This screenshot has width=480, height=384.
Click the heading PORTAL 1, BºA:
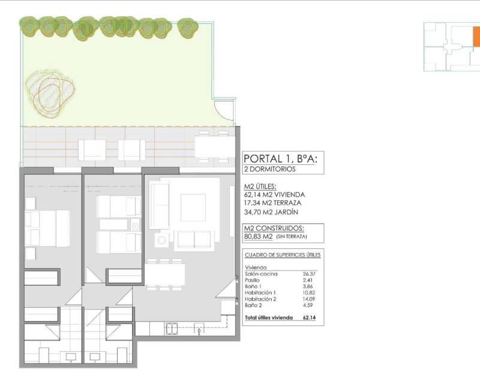click(280, 158)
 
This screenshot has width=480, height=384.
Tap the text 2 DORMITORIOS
click(269, 169)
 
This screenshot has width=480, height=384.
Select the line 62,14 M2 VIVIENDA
click(274, 195)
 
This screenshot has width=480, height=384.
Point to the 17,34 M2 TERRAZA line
click(272, 203)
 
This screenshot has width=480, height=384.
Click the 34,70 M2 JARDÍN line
click(271, 212)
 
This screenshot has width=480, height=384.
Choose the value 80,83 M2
click(259, 236)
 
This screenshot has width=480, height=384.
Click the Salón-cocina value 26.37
click(309, 274)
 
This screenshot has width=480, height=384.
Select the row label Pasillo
click(252, 280)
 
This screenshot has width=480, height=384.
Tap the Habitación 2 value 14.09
click(309, 299)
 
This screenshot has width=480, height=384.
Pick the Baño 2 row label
click(253, 305)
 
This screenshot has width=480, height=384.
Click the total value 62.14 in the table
click(309, 317)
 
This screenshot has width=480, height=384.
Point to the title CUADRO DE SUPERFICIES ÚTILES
click(283, 255)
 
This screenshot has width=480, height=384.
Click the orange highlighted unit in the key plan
click(476, 37)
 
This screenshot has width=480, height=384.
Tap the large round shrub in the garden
click(50, 94)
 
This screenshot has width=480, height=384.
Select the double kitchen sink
click(172, 329)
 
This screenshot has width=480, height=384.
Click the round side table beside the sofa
click(161, 240)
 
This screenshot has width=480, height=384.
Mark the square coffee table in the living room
click(193, 208)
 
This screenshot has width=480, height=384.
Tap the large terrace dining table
click(215, 146)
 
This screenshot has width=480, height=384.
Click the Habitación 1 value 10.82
click(309, 293)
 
